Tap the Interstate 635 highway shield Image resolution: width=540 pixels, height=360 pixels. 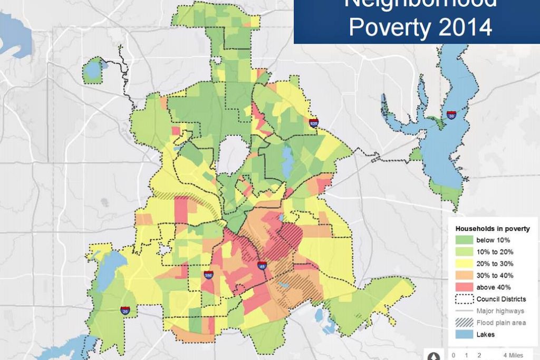[314, 123]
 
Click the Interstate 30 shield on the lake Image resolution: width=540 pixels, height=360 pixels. [451, 115]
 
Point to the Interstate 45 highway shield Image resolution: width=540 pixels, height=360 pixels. [262, 266]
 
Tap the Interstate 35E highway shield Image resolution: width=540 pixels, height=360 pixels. [209, 275]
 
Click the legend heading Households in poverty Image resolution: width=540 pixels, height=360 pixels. [493, 229]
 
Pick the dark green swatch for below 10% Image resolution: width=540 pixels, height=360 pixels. [464, 240]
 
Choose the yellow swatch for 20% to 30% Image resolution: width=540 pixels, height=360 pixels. [464, 264]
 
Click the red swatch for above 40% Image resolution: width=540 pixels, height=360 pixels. [464, 287]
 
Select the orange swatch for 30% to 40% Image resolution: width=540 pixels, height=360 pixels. [464, 275]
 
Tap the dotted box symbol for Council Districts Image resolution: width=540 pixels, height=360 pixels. [464, 299]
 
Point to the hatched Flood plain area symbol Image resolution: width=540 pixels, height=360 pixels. [464, 323]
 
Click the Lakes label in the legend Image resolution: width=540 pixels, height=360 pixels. [486, 335]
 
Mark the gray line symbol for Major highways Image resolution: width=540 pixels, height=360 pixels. [464, 311]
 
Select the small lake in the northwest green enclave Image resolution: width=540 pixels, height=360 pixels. [93, 69]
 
